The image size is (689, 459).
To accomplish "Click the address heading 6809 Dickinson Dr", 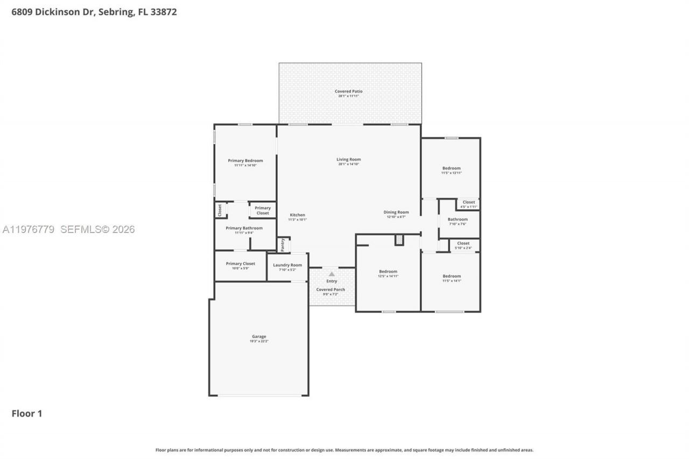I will point(94,12).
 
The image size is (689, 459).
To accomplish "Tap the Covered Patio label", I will point(348,92).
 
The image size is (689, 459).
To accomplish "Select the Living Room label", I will point(348,160).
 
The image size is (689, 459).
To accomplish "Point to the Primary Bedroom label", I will point(245,161).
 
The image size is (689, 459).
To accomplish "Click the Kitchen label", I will point(297,216).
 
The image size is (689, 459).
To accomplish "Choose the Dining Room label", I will point(396,213).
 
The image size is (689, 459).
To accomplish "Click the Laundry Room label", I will point(287,265).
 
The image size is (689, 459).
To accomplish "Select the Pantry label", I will point(283,244).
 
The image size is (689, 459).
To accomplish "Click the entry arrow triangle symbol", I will point(332,274).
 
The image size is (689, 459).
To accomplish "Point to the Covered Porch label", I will point(331,290).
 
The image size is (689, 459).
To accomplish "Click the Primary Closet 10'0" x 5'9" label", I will point(240,264).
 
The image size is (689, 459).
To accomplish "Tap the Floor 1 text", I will point(27,413).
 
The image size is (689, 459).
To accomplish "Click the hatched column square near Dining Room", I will point(399,240).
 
